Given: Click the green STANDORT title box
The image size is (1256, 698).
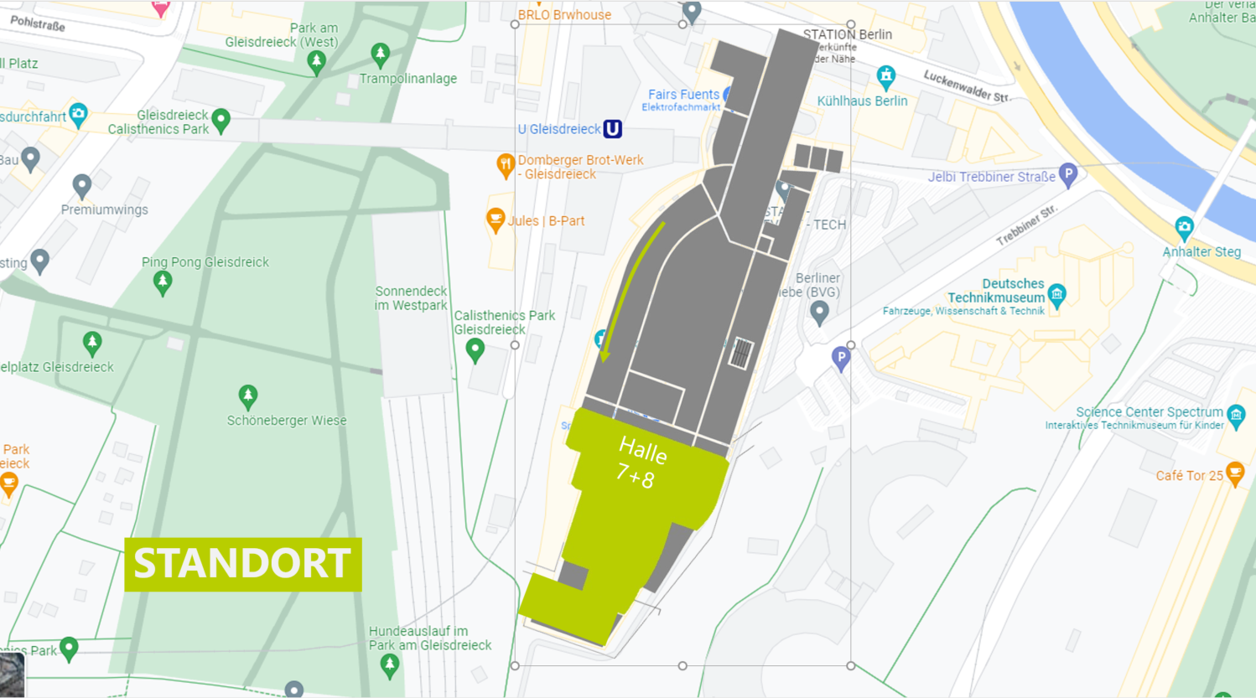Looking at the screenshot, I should coord(242,564).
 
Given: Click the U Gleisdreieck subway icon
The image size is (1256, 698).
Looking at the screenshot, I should coord(613,129).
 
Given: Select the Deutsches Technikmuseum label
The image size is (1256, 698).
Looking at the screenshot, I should coord(996,291).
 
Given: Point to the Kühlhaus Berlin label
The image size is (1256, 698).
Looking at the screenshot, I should coord(862,101).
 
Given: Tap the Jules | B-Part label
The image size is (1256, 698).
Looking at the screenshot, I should coord(546,221).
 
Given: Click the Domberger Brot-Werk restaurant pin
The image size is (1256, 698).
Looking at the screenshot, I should coord(505,164).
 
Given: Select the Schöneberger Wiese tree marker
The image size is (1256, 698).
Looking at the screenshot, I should coord(247,396).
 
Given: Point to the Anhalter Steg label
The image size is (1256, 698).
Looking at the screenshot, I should coord(1201,251).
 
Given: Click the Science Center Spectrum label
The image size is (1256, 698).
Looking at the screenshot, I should coord(1149,412).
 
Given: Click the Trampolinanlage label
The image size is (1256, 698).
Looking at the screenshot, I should coord(407,79).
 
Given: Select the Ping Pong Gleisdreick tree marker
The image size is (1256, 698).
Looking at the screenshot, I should coord(163,282).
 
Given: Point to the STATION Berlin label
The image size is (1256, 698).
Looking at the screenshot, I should coord(847,34).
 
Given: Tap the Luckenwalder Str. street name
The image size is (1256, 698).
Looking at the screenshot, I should coord(966,86).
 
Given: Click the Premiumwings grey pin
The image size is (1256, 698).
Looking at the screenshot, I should coord(81,185).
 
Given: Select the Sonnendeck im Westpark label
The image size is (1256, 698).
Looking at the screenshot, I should coord(411,298).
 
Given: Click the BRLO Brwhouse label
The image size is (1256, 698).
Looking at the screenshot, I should coord(564,14).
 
